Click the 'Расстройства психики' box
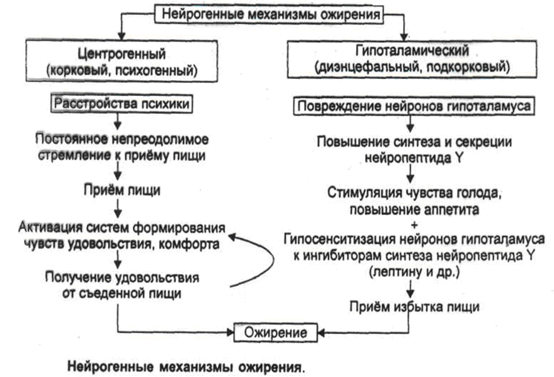123,104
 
